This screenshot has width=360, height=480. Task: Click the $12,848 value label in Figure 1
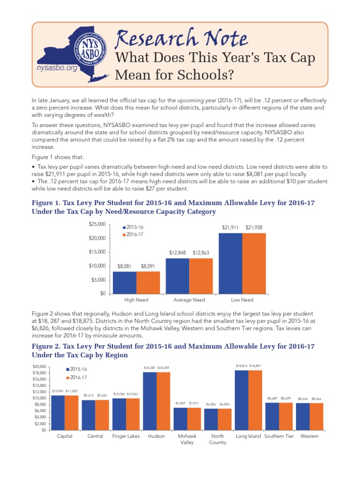click(178, 253)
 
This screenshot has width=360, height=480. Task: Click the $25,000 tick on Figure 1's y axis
click(97, 225)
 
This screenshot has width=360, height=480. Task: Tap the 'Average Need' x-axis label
click(189, 300)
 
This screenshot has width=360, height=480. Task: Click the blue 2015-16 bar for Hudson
click(150, 401)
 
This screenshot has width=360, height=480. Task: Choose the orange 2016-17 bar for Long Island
click(255, 400)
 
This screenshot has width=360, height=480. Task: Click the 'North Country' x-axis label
click(218, 439)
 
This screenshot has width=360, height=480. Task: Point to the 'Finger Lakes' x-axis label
click(126, 436)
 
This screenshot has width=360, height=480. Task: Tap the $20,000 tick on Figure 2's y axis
click(38, 366)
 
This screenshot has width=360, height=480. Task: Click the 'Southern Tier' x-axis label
click(279, 436)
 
